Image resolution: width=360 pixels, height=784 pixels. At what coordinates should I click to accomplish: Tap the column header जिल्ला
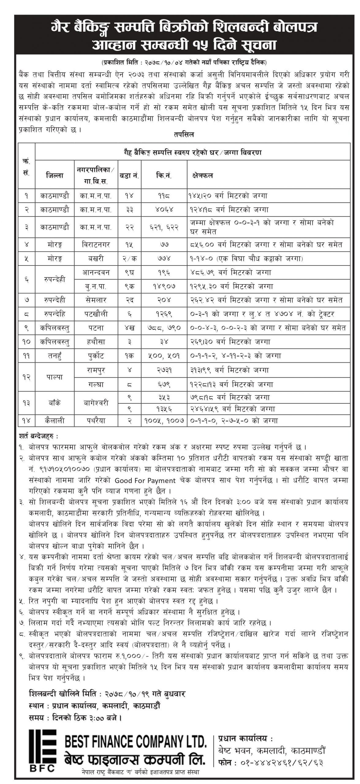point(55,175)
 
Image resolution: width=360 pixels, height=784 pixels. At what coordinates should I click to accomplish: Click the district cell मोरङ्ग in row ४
point(55,245)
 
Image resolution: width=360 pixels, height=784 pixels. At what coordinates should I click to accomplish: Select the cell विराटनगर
point(96,245)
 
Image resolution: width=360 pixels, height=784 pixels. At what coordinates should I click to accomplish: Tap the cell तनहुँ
point(55,356)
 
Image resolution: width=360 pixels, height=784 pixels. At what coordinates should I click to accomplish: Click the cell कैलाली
point(55,421)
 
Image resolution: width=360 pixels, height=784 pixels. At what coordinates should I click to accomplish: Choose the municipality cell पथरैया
point(96,421)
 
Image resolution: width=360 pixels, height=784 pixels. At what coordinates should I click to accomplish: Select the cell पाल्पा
point(55,377)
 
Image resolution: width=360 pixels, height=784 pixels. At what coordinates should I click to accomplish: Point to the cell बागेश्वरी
point(96,403)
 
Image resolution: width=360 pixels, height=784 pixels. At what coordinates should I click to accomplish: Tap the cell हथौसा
point(96,341)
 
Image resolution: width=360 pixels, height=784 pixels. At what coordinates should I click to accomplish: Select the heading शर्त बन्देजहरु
point(39,435)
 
